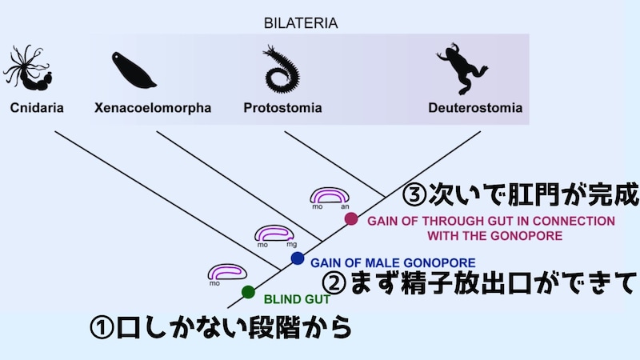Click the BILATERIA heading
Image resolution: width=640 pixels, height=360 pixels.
pyautogui.click(x=301, y=23)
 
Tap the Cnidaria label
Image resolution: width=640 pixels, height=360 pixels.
pyautogui.click(x=37, y=107)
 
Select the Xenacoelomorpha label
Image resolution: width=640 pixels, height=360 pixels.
pyautogui.click(x=152, y=107)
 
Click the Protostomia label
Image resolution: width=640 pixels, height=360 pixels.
pyautogui.click(x=282, y=107)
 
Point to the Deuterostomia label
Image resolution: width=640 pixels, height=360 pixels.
pyautogui.click(x=474, y=107)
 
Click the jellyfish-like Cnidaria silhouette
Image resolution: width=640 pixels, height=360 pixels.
pyautogui.click(x=29, y=68)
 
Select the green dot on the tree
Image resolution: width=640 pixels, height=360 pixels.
pyautogui.click(x=248, y=291)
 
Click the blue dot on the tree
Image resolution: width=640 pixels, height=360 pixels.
pyautogui.click(x=298, y=258)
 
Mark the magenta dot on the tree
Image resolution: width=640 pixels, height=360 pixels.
pyautogui.click(x=350, y=218)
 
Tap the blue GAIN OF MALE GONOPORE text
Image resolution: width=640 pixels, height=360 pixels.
pyautogui.click(x=392, y=262)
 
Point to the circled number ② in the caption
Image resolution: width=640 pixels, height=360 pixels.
pyautogui.click(x=335, y=282)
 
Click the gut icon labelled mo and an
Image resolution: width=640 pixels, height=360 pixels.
pyautogui.click(x=330, y=196)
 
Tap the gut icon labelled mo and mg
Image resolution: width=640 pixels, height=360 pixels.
pyautogui.click(x=275, y=234)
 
